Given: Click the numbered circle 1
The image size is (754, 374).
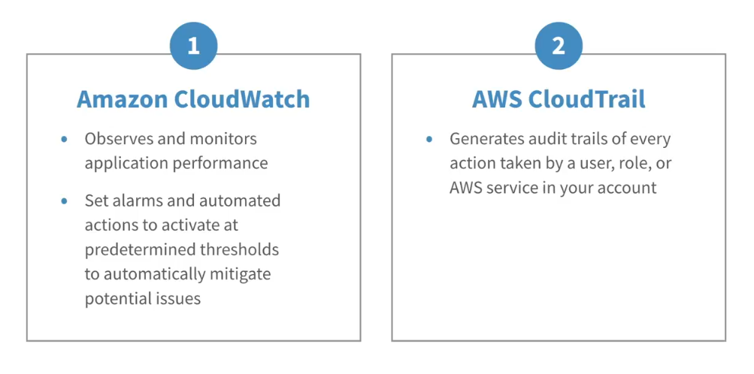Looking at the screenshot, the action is click(x=193, y=46).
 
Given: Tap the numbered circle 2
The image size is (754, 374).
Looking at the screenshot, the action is click(x=559, y=46).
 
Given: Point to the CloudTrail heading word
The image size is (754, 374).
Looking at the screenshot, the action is click(x=586, y=99).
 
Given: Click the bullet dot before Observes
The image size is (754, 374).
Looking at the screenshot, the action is click(x=65, y=139).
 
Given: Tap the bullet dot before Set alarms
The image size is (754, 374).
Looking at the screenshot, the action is click(x=65, y=201).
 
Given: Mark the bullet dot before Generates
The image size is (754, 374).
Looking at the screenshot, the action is click(x=429, y=139).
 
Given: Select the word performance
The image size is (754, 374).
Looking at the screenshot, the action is click(x=221, y=164).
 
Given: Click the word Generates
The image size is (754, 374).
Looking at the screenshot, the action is click(x=485, y=139).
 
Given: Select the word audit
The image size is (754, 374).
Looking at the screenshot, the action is click(x=541, y=139).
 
